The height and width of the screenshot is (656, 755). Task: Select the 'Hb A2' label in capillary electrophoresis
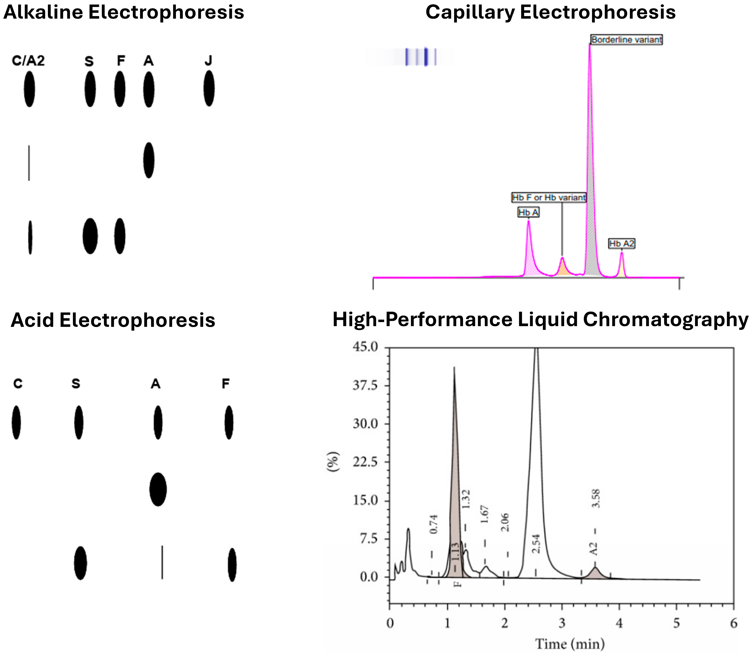(621, 243)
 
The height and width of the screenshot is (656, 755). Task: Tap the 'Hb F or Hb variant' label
(549, 198)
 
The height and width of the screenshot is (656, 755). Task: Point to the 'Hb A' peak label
(528, 212)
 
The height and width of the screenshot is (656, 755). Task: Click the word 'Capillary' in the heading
(470, 13)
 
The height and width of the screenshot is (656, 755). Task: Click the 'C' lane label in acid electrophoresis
(18, 384)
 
